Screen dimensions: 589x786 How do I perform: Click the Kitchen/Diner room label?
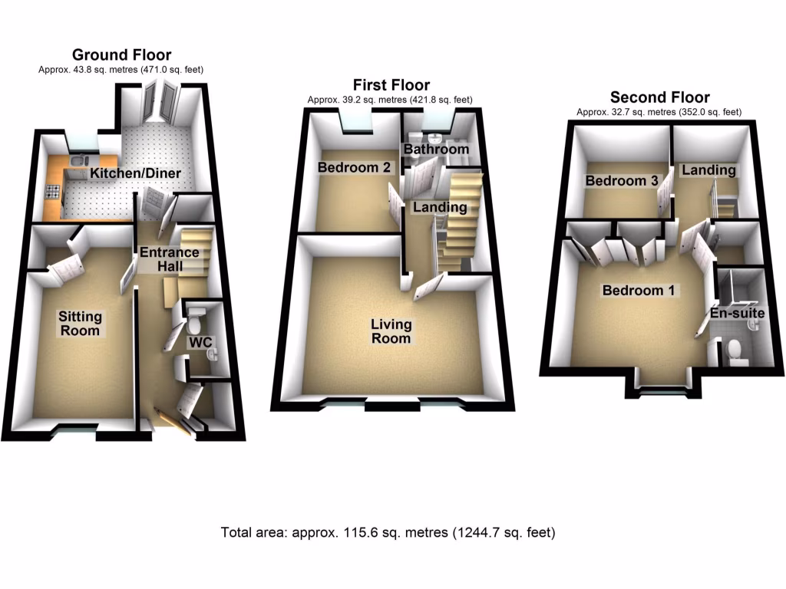pyautogui.click(x=136, y=173)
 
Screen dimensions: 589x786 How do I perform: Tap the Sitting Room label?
pyautogui.click(x=80, y=324)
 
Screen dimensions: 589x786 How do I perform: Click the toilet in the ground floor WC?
pyautogui.click(x=197, y=315)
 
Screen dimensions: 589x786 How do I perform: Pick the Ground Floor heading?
pyautogui.click(x=121, y=54)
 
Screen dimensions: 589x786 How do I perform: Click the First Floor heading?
pyautogui.click(x=391, y=84)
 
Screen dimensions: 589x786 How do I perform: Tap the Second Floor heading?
pyautogui.click(x=659, y=97)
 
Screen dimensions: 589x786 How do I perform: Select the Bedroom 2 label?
pyautogui.click(x=355, y=167)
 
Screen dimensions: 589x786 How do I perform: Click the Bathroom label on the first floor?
pyautogui.click(x=436, y=149)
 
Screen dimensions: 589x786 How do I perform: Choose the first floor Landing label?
pyautogui.click(x=440, y=207)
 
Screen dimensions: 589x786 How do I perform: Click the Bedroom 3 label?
pyautogui.click(x=621, y=181)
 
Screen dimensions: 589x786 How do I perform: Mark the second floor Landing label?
pyautogui.click(x=708, y=170)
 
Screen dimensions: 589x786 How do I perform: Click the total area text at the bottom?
pyautogui.click(x=388, y=531)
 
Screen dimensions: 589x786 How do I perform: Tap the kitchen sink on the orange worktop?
pyautogui.click(x=79, y=161)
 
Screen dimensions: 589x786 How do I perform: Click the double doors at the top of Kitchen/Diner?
pyautogui.click(x=160, y=103)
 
